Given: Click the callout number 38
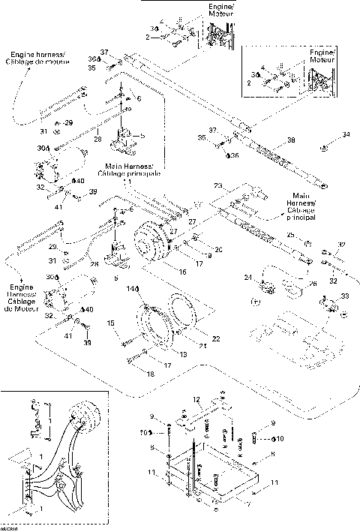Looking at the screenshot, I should click(290, 140).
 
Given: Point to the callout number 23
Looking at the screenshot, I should click(218, 185).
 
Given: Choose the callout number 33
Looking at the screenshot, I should click(323, 297).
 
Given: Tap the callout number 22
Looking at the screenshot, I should click(216, 339).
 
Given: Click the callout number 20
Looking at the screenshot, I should click(219, 249).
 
